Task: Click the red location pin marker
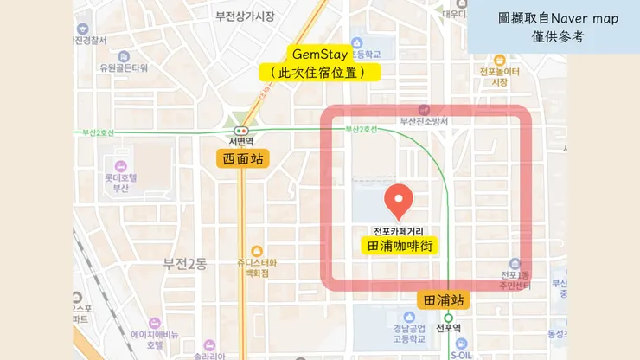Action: click(x=399, y=201)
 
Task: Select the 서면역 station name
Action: click(x=240, y=141)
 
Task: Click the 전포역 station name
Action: click(x=448, y=328)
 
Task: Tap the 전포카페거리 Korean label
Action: click(x=400, y=231)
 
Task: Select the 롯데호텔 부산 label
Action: click(x=121, y=183)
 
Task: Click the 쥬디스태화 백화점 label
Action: click(x=256, y=267)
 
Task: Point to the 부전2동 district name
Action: click(x=185, y=263)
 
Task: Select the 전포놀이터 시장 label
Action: click(x=499, y=76)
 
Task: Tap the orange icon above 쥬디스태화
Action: click(x=256, y=250)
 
